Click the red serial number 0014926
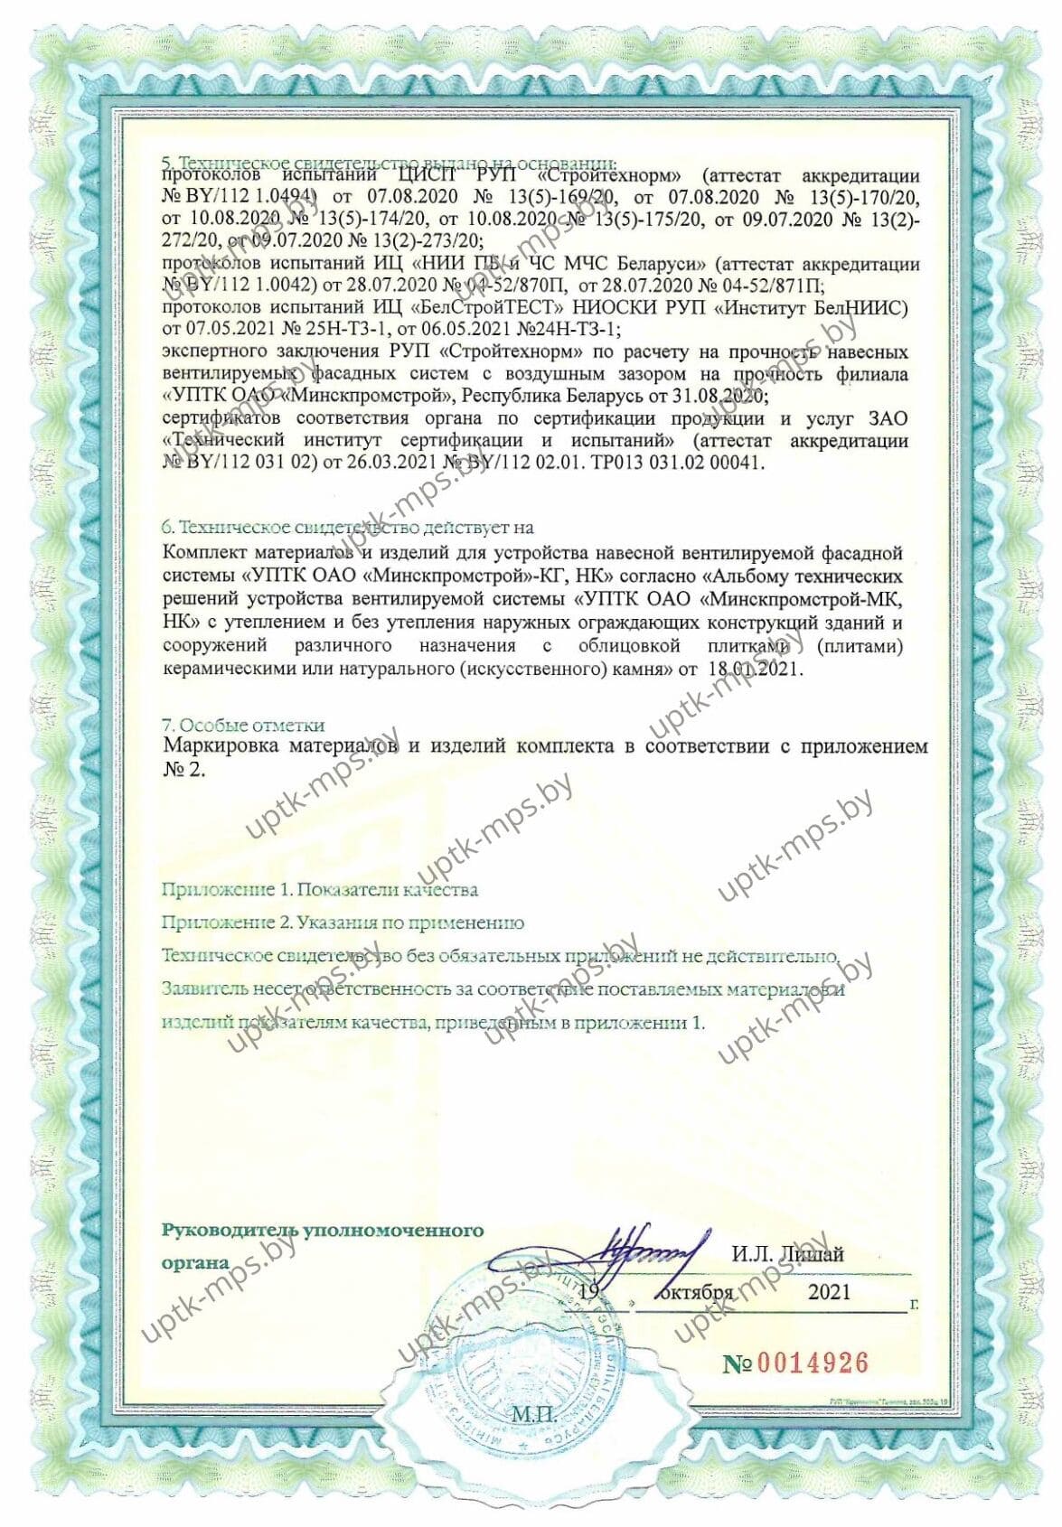pyautogui.click(x=812, y=1363)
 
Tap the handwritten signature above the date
pyautogui.click(x=645, y=1257)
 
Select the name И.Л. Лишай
pyautogui.click(x=787, y=1255)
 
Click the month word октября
pyautogui.click(x=696, y=1292)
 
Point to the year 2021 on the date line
pyautogui.click(x=829, y=1292)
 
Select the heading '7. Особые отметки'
pyautogui.click(x=243, y=726)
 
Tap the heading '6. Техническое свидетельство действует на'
pyautogui.click(x=347, y=527)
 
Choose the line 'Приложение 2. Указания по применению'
pyautogui.click(x=343, y=923)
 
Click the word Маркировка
pyautogui.click(x=221, y=747)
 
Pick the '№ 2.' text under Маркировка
pyautogui.click(x=184, y=771)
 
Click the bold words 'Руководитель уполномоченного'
pyautogui.click(x=323, y=1231)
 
